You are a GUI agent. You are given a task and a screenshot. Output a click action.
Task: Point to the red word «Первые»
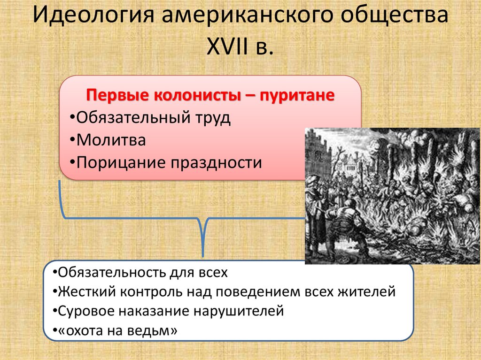click(116, 96)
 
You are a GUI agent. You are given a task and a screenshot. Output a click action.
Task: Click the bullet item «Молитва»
click(111, 140)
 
